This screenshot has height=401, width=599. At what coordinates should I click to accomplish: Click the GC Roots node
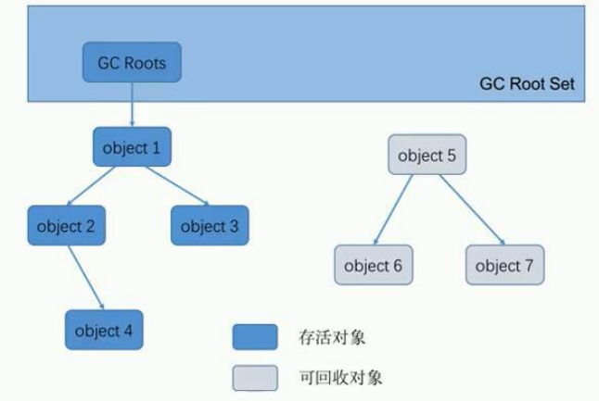132,63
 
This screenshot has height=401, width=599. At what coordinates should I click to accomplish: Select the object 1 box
132,147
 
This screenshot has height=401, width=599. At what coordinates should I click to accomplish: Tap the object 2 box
66,225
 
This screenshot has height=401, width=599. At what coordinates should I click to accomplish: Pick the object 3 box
210,225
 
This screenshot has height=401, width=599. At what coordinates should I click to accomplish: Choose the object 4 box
104,330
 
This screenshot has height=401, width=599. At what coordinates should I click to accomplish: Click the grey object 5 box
427,156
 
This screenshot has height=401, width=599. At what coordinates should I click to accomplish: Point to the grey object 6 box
373,265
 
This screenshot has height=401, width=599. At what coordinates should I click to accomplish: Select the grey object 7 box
504,265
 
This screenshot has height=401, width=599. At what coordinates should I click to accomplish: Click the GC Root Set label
527,83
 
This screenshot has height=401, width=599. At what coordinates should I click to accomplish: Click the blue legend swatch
254,338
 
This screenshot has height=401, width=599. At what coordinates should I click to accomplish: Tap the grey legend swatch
254,378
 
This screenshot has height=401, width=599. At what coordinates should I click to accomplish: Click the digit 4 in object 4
127,331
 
